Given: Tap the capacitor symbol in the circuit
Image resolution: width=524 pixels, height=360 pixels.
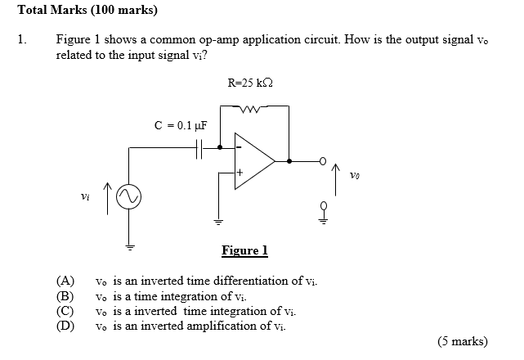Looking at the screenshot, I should [x=199, y=148].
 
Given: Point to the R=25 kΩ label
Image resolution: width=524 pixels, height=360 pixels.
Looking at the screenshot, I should [x=249, y=83].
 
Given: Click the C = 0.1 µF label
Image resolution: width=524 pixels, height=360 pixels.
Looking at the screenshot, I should [x=181, y=126].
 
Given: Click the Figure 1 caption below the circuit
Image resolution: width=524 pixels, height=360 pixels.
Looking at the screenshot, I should [x=244, y=251].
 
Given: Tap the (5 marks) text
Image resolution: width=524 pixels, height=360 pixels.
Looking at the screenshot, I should [x=462, y=341].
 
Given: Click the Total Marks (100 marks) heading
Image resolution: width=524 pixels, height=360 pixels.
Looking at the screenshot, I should [x=87, y=11].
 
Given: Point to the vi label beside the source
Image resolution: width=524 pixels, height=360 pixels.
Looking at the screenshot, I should [x=84, y=196].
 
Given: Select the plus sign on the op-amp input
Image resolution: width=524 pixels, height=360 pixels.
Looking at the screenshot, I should [x=240, y=174].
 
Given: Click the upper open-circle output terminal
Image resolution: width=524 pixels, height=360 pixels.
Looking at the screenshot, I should [x=323, y=160].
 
